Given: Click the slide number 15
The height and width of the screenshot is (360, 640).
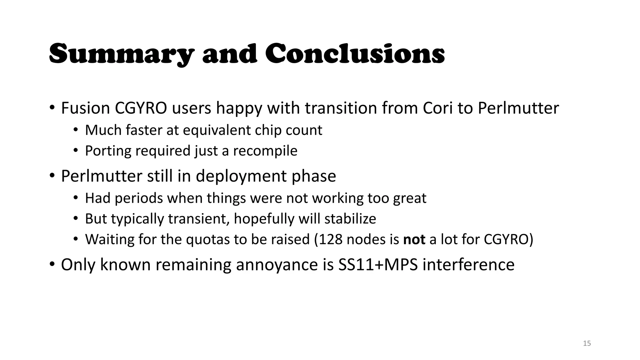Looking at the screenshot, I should [x=587, y=343].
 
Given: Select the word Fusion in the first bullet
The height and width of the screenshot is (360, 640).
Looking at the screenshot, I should [x=85, y=108].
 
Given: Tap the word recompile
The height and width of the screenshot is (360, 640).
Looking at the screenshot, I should [x=265, y=151].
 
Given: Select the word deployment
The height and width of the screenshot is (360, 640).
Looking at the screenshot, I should [x=241, y=176].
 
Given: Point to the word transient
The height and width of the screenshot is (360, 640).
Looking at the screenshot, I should [x=199, y=219].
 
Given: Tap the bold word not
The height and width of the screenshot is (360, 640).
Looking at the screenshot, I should [x=414, y=239].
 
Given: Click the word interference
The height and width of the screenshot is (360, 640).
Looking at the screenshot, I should [x=468, y=265].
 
